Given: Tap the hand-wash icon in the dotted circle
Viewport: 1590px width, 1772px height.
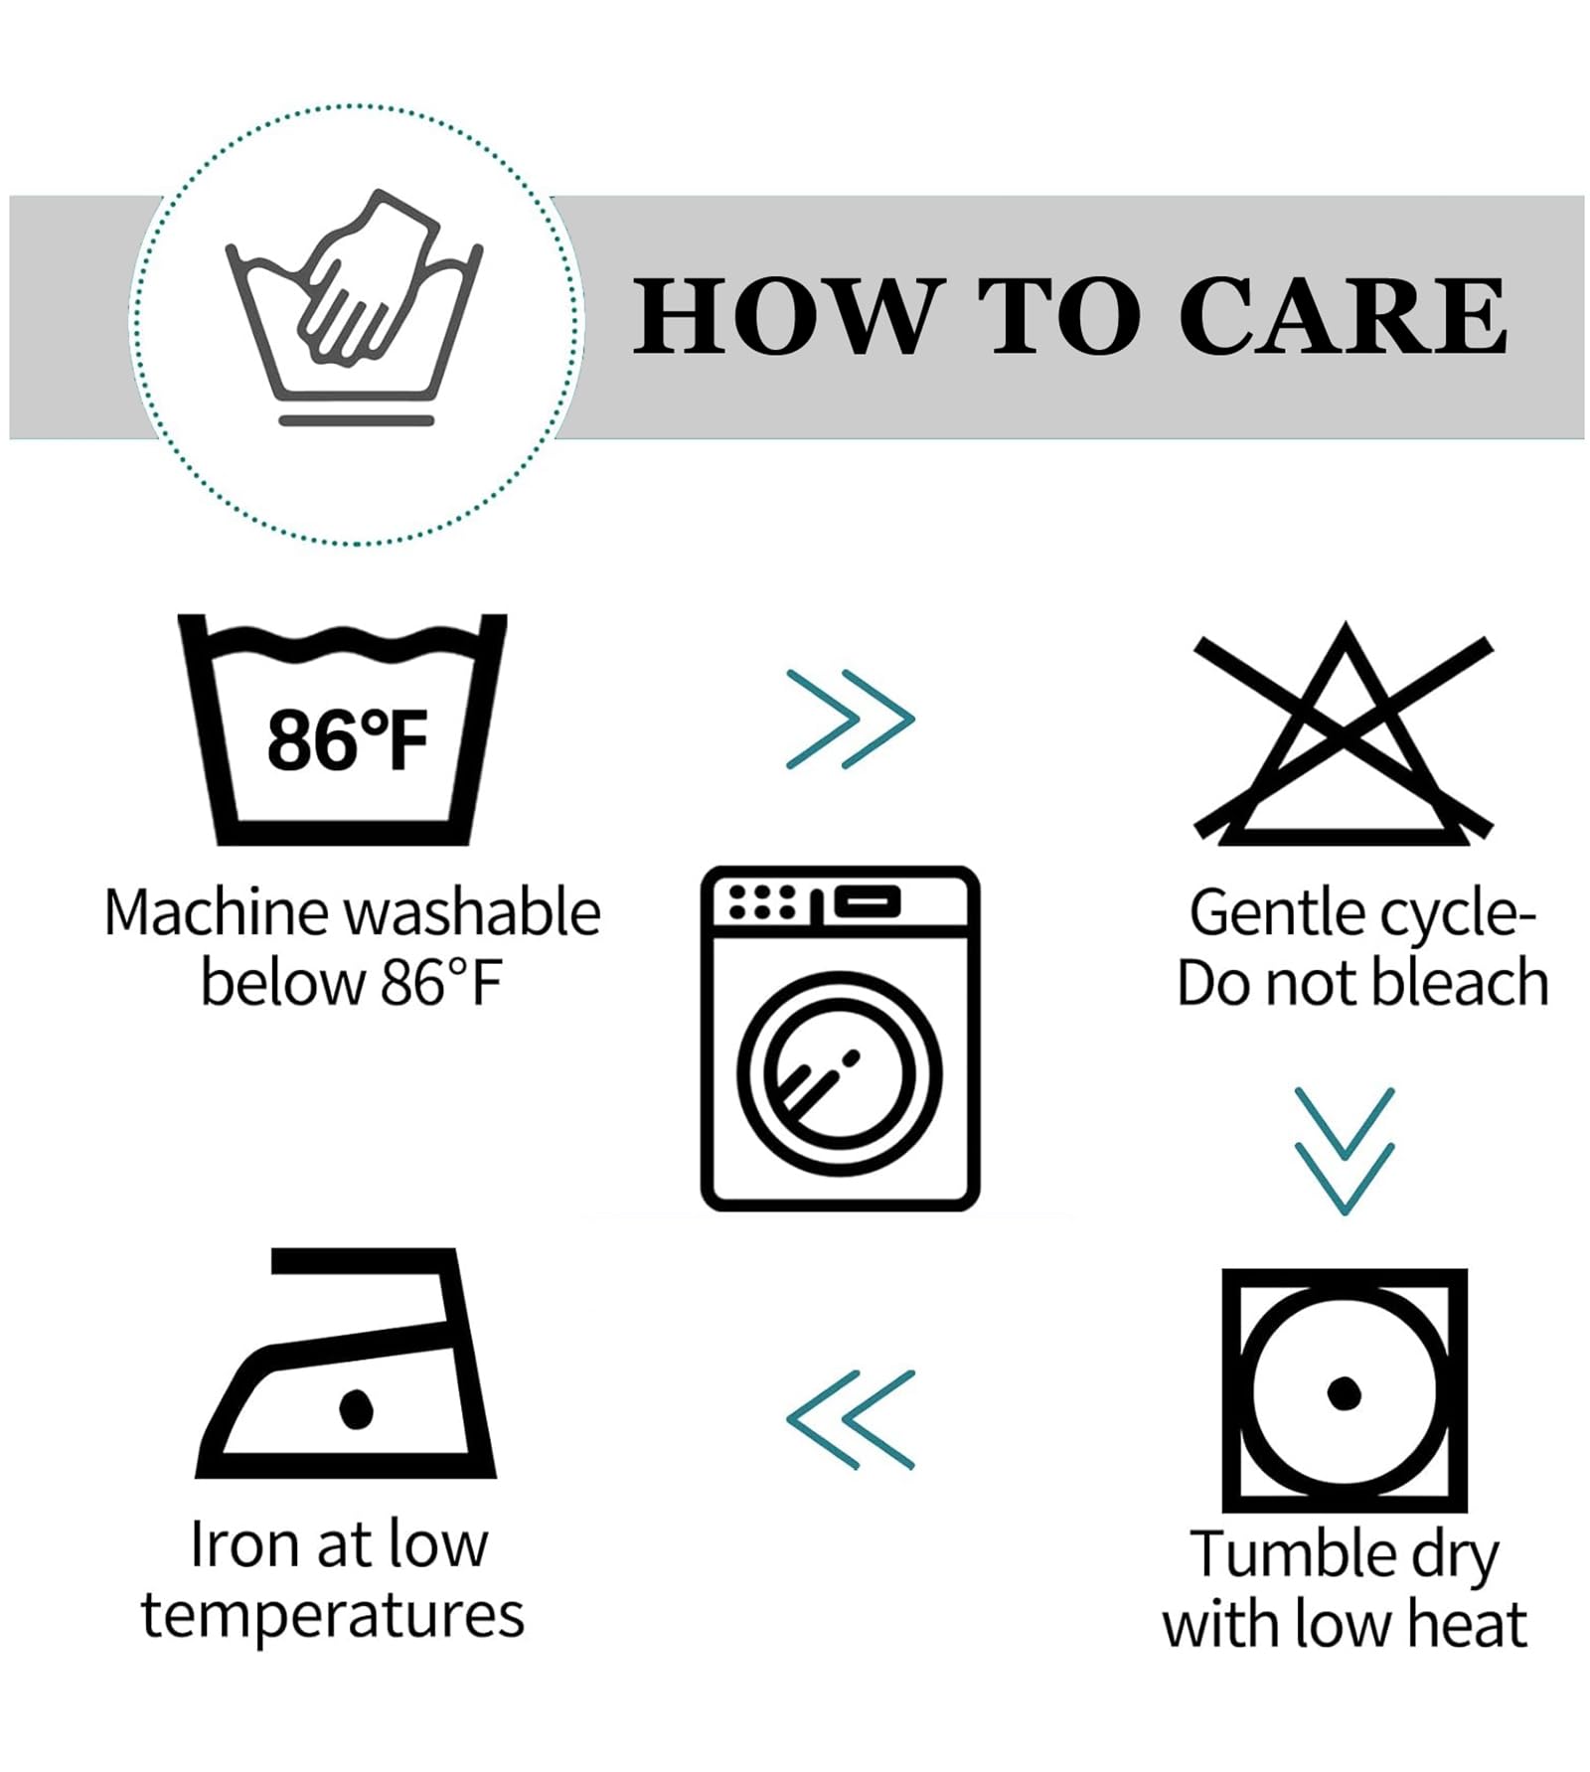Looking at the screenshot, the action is coord(355,307).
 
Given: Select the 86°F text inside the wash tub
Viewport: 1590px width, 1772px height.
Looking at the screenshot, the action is coord(347,740).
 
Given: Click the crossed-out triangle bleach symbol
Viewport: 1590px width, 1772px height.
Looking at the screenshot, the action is coord(1344,734).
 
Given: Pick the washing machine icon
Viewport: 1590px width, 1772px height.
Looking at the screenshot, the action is coord(840,1038).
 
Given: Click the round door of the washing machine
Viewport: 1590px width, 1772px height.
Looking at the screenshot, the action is coord(840,1073).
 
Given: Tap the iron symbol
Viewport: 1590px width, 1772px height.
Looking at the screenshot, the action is coord(346,1363).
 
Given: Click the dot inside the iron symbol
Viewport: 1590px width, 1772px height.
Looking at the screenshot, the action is coord(355,1407).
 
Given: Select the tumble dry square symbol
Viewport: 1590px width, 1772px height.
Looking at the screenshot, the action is coord(1344,1390).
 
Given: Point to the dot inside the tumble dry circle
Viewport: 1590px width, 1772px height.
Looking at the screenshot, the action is coord(1344,1392).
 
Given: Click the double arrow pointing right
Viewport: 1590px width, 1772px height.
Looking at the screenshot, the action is coord(850,719).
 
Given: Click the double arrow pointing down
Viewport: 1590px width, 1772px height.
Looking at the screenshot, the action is coord(1345,1151).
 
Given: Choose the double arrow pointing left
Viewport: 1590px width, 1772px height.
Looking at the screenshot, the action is coord(850,1419).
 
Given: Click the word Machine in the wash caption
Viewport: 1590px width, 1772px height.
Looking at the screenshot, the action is coord(217,912).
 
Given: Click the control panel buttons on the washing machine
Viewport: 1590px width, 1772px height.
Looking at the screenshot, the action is coord(762,901).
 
